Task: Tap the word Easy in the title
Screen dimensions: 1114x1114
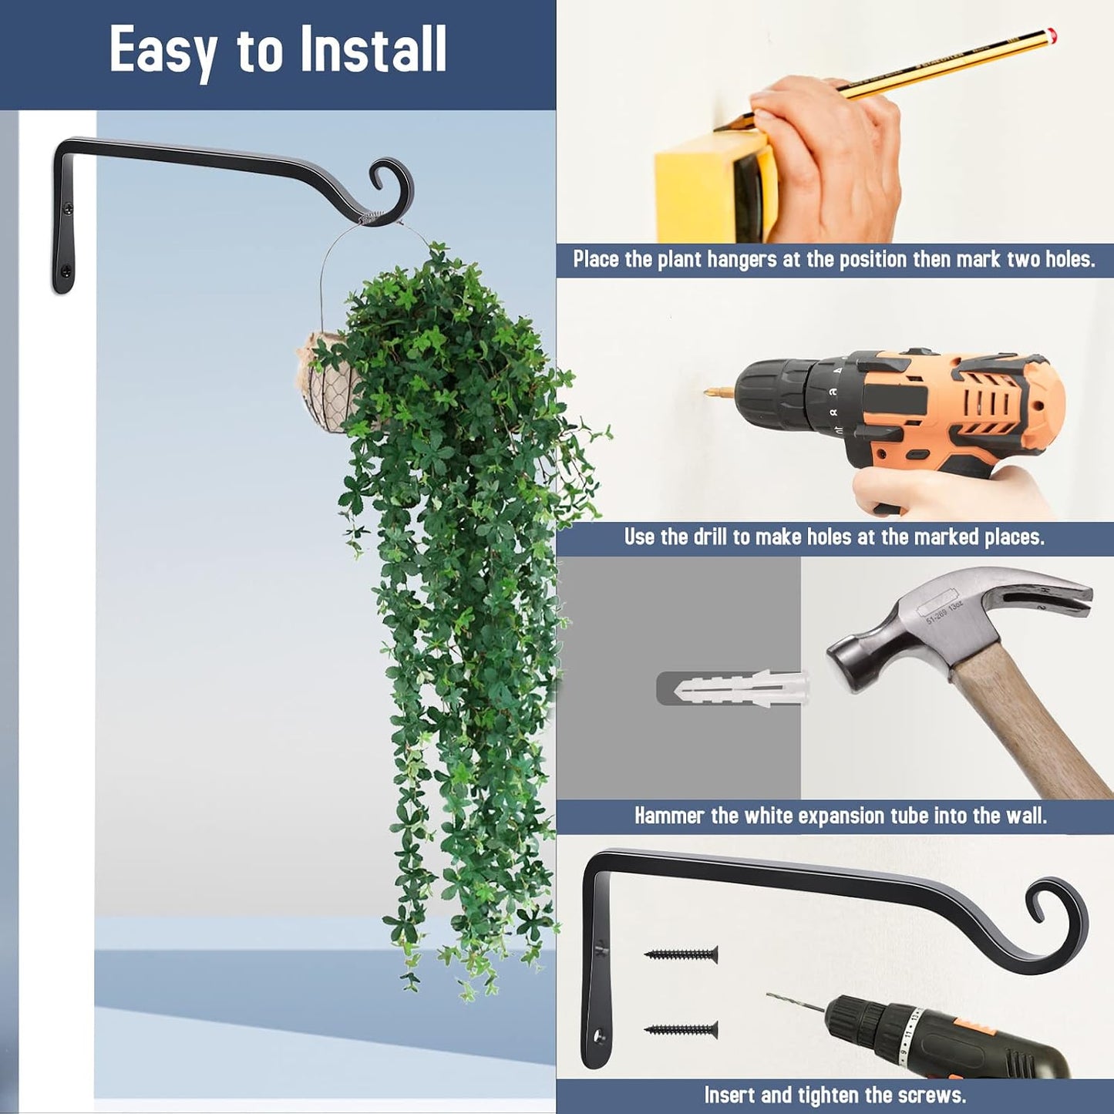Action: [163, 53]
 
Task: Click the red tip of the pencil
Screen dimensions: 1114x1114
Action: [1053, 35]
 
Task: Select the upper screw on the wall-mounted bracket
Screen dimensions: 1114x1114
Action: [69, 205]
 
